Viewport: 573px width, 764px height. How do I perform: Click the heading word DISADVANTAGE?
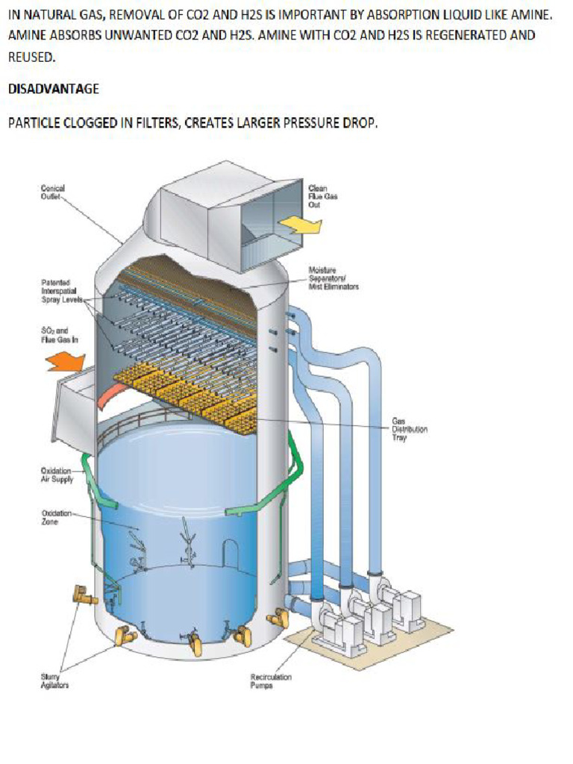click(x=53, y=89)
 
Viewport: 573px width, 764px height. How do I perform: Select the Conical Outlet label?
click(x=52, y=192)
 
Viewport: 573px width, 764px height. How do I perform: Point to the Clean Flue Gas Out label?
click(x=323, y=196)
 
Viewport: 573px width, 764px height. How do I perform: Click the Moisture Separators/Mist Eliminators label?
click(x=333, y=278)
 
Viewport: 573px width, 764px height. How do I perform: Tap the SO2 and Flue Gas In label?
click(x=54, y=334)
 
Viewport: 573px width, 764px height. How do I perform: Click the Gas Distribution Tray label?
click(x=410, y=430)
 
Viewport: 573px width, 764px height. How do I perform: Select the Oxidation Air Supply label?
click(x=57, y=475)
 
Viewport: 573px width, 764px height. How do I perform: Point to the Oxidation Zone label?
click(x=54, y=517)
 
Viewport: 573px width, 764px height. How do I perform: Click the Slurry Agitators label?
click(x=54, y=680)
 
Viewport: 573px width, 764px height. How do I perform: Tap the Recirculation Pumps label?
click(x=271, y=680)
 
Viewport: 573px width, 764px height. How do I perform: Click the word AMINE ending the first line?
click(x=533, y=14)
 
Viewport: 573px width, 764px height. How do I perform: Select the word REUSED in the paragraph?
click(x=31, y=57)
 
